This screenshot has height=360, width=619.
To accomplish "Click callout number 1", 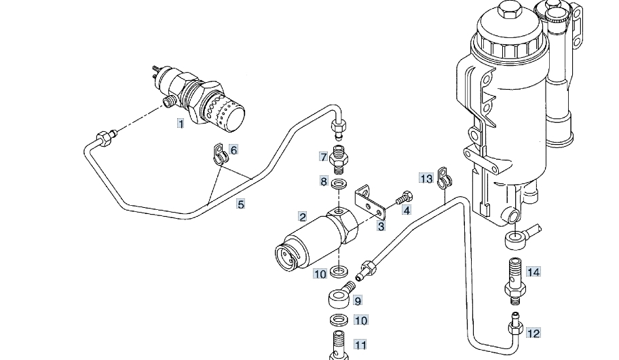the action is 181,124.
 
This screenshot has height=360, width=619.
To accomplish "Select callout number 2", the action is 303,217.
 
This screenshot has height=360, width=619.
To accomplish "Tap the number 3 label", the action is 381,226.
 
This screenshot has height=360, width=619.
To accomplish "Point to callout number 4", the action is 407,210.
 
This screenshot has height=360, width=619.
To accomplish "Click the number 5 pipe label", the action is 240,204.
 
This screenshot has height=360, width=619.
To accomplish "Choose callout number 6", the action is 233,150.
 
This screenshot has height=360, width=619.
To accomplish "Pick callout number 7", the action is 323,157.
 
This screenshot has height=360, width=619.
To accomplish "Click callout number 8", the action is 324,181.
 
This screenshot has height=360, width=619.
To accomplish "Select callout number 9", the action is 358,301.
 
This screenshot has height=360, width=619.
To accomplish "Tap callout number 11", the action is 360,345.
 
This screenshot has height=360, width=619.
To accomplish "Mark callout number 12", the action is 533,333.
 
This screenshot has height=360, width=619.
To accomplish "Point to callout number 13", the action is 426,179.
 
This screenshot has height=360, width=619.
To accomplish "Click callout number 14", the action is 533,272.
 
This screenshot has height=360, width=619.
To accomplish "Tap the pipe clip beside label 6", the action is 219,154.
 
